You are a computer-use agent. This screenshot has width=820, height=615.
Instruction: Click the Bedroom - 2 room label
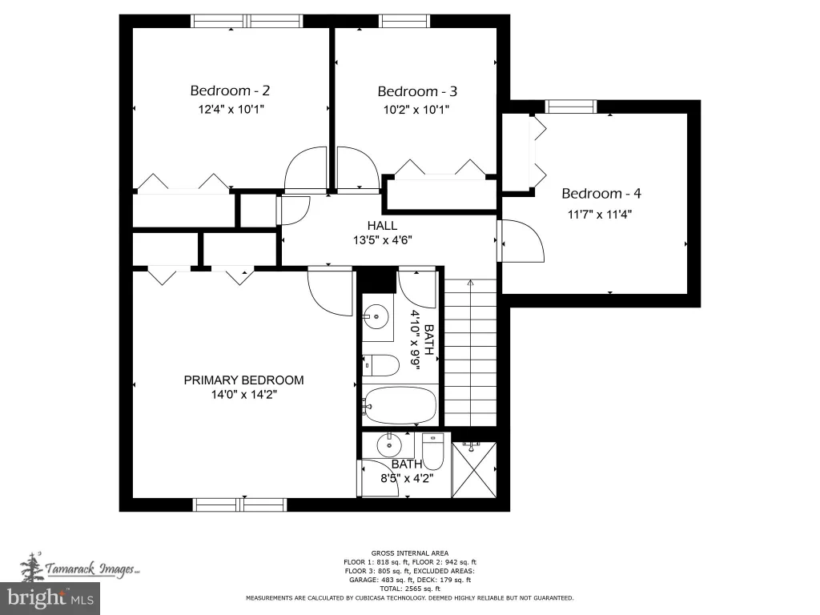[x=230, y=91]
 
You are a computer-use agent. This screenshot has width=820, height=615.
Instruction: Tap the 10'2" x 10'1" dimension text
[x=416, y=110]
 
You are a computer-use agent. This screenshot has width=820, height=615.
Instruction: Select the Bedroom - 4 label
[x=601, y=194]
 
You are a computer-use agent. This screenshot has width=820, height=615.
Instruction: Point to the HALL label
[x=382, y=225]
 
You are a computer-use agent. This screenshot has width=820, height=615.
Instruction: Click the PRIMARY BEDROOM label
[x=243, y=380]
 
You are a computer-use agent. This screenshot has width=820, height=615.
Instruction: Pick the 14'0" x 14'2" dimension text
[x=243, y=394]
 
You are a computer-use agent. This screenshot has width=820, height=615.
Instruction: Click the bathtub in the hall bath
[x=400, y=406]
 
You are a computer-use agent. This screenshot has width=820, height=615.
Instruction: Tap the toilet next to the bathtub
[x=380, y=365]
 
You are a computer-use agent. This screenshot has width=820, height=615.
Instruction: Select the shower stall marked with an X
[x=474, y=470]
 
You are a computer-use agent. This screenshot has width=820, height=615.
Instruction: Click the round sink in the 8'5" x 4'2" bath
[x=389, y=445]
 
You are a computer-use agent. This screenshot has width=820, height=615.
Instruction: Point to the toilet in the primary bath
[x=432, y=452]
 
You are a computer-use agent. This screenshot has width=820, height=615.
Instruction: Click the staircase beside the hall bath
[x=470, y=352]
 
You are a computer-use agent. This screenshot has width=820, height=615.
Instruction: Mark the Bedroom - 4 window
[x=570, y=107]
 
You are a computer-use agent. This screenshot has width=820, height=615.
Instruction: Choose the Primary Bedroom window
[x=240, y=504]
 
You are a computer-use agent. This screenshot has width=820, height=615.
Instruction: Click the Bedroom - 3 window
[x=404, y=21]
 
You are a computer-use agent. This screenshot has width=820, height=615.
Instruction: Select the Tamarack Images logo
[x=79, y=568]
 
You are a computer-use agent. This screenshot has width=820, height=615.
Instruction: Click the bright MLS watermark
[x=50, y=598]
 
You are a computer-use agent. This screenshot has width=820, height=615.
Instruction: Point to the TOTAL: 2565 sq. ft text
[x=410, y=589]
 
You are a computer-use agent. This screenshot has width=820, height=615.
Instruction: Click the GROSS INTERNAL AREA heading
[x=410, y=553]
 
